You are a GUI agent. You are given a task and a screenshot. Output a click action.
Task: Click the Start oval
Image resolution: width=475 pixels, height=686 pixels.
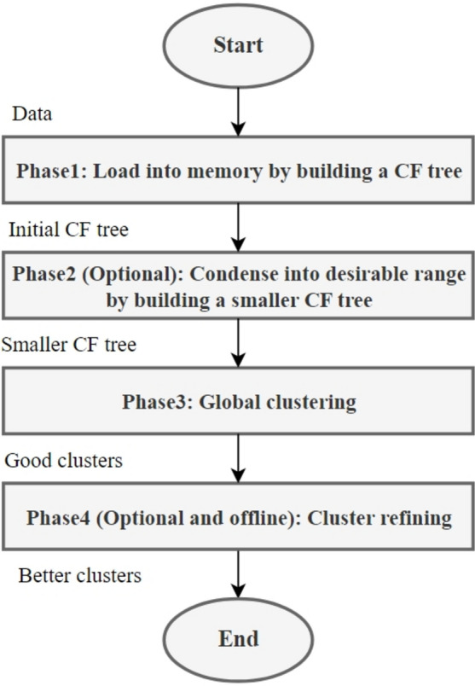(239, 45)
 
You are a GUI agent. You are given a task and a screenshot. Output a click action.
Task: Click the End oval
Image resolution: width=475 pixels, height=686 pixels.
(239, 637)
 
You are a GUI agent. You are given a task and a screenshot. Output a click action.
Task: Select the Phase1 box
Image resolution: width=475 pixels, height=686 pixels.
(239, 171)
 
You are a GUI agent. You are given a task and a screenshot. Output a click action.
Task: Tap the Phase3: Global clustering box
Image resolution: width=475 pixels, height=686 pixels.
(239, 401)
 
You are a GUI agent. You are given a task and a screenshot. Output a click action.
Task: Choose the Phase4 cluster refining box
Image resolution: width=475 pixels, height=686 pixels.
(239, 518)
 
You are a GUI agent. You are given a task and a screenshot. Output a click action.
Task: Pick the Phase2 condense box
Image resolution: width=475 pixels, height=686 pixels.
(239, 288)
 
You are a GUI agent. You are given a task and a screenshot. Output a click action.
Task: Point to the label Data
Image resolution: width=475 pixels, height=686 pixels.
(32, 113)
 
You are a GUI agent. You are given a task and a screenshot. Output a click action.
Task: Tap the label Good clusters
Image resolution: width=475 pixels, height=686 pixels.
(64, 461)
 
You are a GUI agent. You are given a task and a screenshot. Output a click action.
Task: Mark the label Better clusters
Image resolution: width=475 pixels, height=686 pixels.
(79, 576)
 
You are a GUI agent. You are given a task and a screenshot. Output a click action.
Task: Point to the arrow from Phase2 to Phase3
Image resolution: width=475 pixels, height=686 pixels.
(239, 343)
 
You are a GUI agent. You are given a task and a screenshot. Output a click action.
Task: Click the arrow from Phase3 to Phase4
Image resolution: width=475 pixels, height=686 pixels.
(239, 459)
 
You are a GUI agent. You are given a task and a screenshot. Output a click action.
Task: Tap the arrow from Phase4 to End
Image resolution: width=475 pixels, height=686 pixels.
(239, 575)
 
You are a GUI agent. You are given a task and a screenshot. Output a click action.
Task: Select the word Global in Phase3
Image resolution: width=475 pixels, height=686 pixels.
(228, 402)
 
